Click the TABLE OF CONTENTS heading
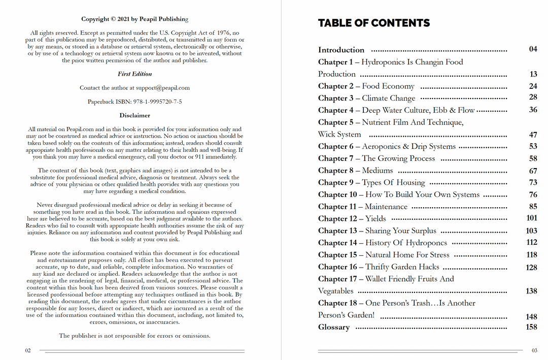coord(373,23)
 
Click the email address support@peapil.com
coord(162,88)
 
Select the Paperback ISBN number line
coord(134,102)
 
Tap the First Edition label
coord(134,74)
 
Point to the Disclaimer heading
coord(134,115)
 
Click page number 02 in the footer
coord(28,350)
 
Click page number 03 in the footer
coord(534,350)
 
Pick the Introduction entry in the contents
coord(341,50)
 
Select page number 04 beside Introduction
coord(533,49)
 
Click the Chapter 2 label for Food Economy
coord(335,86)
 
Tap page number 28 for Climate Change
coord(533,97)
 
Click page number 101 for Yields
coord(531,218)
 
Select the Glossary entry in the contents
coord(333,327)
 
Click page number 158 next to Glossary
coord(531,327)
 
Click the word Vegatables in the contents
coord(335,291)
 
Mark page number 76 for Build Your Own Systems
coord(533,194)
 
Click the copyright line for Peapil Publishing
coord(134,19)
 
